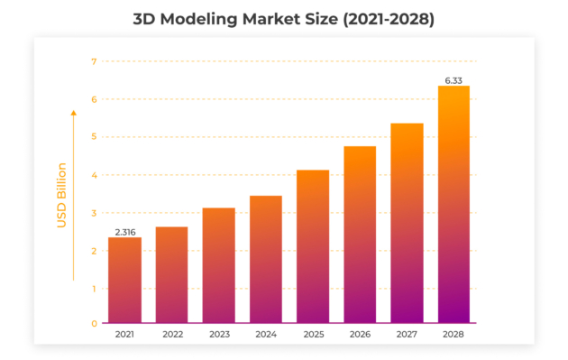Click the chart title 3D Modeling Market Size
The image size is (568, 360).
click(x=284, y=18)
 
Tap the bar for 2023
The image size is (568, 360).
click(x=218, y=265)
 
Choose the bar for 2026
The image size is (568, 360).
click(x=360, y=235)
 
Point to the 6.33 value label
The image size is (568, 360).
click(x=453, y=78)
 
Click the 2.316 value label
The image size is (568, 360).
click(x=124, y=230)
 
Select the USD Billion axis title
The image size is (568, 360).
click(x=62, y=195)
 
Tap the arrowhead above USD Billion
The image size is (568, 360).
click(x=74, y=112)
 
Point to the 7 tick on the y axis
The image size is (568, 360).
click(x=93, y=61)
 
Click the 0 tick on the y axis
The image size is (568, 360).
click(x=93, y=323)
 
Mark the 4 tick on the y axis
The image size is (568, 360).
click(x=93, y=175)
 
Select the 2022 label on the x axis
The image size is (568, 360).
click(x=171, y=334)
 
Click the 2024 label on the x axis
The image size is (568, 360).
click(x=265, y=334)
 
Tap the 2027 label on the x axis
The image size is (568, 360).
click(x=407, y=334)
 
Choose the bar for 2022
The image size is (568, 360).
click(x=171, y=274)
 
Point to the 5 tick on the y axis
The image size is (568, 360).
click(x=93, y=137)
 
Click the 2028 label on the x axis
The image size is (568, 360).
click(x=453, y=334)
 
